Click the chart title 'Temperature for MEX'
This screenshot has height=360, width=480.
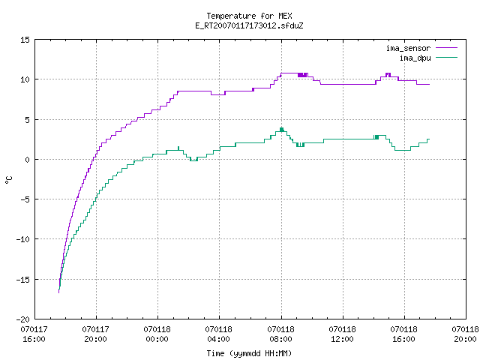pos(249,16)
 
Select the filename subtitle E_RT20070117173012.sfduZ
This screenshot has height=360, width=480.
pos(249,25)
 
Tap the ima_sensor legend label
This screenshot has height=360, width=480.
pos(408,48)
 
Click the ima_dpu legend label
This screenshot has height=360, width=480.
pos(415,58)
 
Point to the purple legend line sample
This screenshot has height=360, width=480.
pos(446,48)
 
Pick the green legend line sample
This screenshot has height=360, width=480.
pos(446,57)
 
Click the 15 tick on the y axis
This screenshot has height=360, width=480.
pos(25,40)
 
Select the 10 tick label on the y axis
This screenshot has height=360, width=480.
pos(25,79)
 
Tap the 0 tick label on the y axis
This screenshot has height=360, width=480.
pos(28,160)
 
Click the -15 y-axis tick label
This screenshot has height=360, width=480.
pos(23,280)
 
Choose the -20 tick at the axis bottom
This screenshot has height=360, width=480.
pos(23,319)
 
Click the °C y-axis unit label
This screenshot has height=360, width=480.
pos(8,180)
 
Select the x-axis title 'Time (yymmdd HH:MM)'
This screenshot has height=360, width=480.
pos(249,353)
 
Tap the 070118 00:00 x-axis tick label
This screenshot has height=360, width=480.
pos(157,334)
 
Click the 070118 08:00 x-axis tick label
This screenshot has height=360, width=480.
pos(280,334)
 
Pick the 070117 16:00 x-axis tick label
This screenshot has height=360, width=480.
pos(34,334)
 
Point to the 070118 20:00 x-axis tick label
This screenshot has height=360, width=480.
pos(465,334)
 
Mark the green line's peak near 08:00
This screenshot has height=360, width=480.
pos(281,128)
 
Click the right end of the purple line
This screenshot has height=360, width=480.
pos(430,84)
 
